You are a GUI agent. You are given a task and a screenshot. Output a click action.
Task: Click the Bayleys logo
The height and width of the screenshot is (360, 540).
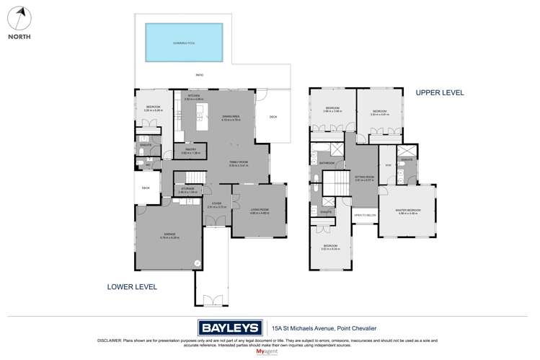click(229, 327)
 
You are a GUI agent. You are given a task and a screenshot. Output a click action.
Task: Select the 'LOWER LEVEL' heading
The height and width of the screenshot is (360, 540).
click(132, 286)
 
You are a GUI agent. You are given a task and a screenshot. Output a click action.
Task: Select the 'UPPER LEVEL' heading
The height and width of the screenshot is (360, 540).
click(439, 93)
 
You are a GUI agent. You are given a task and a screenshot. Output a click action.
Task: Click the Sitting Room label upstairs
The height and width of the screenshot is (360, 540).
click(366, 177)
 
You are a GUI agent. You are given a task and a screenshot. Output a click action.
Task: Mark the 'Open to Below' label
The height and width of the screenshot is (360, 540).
click(364, 215)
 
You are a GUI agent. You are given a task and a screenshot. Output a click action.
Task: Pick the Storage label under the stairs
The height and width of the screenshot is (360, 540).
click(187, 190)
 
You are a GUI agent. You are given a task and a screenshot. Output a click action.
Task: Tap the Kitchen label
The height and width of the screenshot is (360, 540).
click(194, 96)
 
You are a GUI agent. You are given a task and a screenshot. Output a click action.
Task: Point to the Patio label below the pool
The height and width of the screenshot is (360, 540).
click(200, 74)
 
